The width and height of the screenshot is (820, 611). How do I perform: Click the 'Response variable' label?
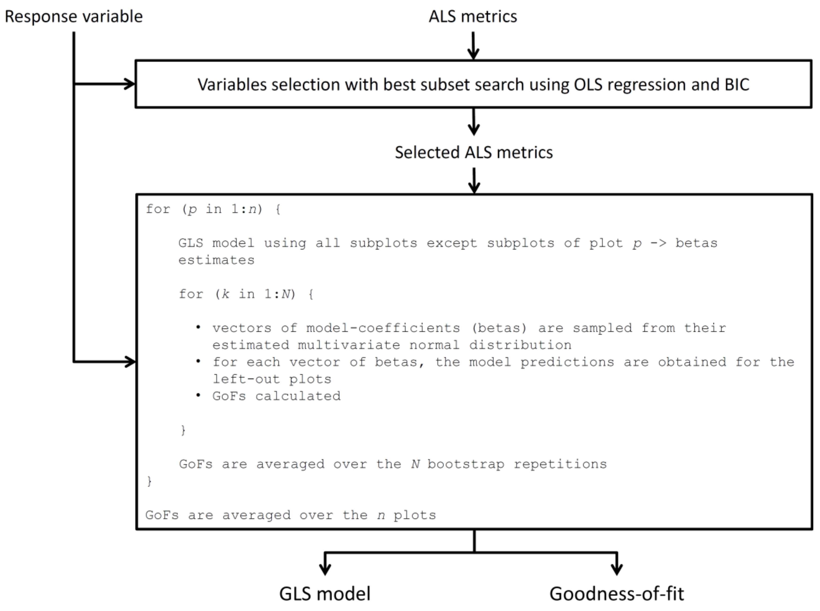(x=73, y=17)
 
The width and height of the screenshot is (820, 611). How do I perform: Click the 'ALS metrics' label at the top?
(x=473, y=17)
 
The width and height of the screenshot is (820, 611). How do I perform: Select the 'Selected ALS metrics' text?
(x=474, y=152)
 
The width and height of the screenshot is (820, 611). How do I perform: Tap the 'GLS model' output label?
(x=325, y=594)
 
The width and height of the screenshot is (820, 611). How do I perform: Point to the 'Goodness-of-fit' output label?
(x=616, y=594)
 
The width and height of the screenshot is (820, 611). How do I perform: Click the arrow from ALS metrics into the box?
(x=473, y=46)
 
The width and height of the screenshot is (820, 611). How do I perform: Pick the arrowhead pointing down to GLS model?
(x=325, y=568)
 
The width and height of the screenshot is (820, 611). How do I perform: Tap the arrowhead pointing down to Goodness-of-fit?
(x=616, y=568)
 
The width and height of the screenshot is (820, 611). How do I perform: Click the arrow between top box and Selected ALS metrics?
(x=474, y=122)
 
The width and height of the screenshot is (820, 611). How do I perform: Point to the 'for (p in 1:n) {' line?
(x=213, y=209)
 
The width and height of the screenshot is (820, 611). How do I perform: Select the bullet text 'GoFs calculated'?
(x=276, y=396)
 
